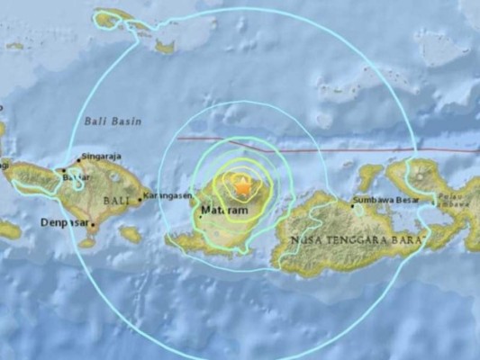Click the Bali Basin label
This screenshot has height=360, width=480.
point(108,120)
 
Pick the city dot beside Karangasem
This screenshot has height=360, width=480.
point(140,202)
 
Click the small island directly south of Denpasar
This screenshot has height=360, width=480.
point(87,242)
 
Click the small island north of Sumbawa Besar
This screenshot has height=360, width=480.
point(369,174)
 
